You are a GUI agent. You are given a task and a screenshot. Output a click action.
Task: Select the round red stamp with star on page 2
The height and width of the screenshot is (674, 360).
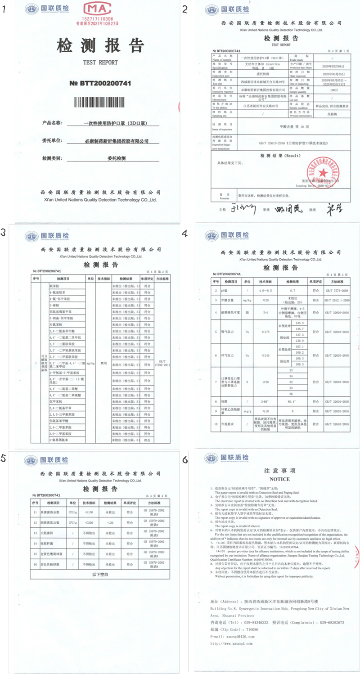[x=322, y=171]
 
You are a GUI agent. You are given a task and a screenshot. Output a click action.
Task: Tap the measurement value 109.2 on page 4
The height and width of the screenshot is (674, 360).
[x=300, y=352]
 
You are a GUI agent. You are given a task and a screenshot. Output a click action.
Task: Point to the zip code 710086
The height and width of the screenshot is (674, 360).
[x=252, y=629]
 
